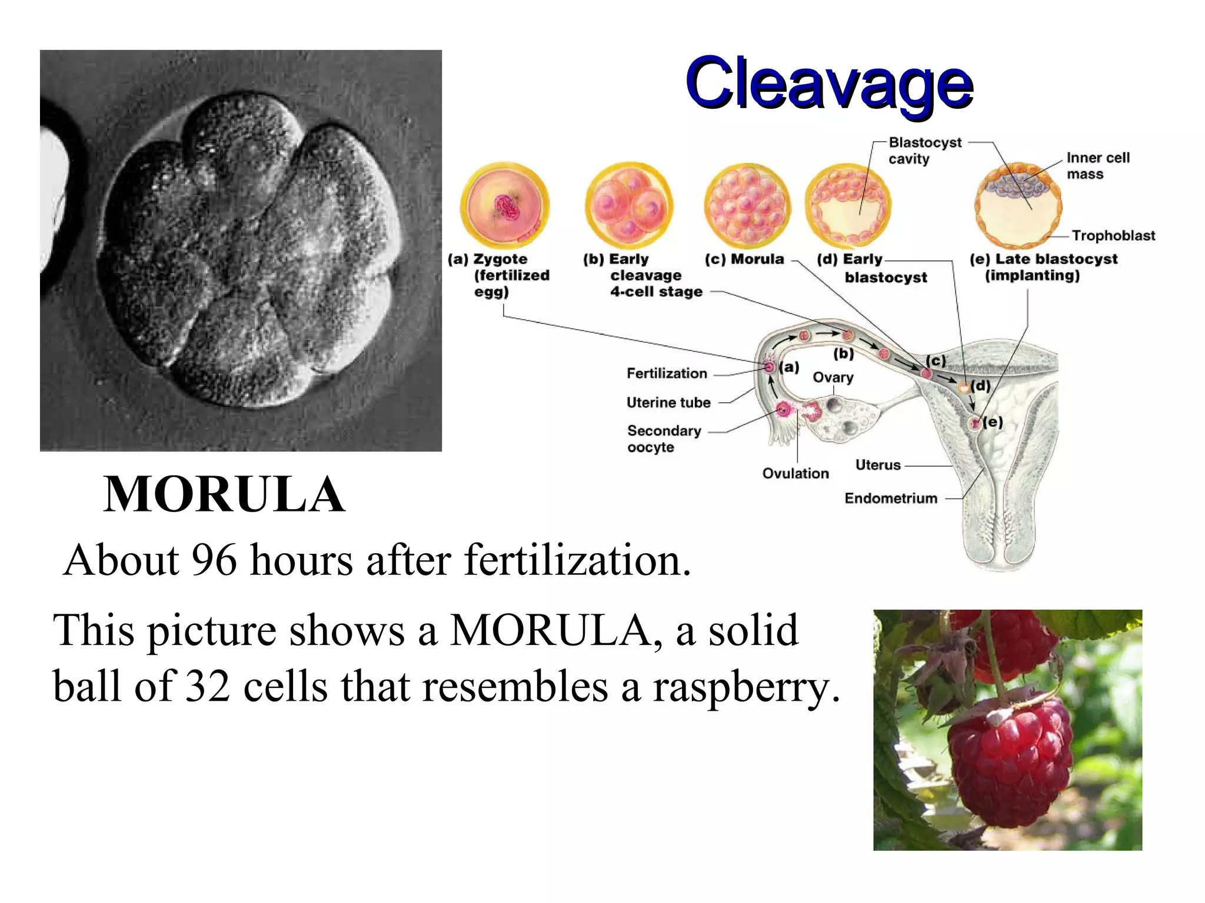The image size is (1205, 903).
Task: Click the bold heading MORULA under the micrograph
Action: pos(224,494)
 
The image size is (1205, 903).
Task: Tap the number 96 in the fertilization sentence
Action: pos(214,560)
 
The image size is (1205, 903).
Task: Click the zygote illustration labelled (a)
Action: pos(504,205)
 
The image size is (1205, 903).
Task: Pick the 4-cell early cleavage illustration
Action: pos(629,205)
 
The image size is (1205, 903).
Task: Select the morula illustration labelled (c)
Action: pos(747,205)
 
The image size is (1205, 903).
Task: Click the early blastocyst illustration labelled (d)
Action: pos(848,205)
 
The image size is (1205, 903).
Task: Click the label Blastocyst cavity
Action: pos(924,150)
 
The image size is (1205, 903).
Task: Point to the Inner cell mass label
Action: pos(1097,166)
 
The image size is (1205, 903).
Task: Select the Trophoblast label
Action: pos(1113,236)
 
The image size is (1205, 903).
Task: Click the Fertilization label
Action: pos(667,373)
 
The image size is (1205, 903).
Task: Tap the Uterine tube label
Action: pos(668,403)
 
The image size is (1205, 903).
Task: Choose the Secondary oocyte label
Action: pos(664,439)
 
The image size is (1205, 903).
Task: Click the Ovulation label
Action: pos(795,473)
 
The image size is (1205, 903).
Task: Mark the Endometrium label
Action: pos(890,499)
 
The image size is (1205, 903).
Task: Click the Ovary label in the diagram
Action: pos(833,377)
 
